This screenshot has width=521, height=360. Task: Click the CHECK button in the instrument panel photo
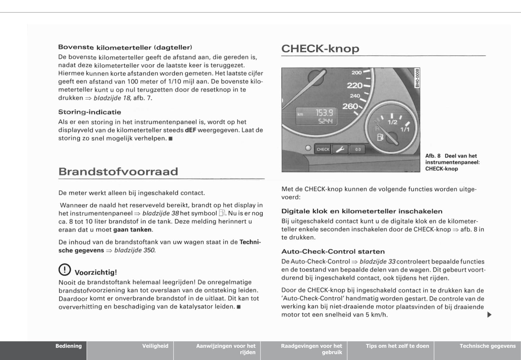323,149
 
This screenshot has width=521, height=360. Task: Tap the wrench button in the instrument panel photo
340,149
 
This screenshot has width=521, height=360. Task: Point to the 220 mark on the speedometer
355,85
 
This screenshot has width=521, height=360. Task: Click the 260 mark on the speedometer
350,106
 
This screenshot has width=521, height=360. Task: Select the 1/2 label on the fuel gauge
392,122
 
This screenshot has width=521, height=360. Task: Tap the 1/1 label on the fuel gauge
405,129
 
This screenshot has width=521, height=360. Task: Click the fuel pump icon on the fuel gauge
380,137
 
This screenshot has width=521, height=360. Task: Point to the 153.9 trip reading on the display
324,113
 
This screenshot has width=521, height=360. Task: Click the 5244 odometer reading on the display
325,121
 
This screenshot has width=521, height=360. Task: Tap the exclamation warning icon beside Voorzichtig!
65,270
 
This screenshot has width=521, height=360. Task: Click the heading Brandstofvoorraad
118,171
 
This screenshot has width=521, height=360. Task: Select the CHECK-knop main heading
320,49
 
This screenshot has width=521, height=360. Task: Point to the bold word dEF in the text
190,130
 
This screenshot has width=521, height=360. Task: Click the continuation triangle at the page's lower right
489,315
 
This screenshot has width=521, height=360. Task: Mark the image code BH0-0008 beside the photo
417,78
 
